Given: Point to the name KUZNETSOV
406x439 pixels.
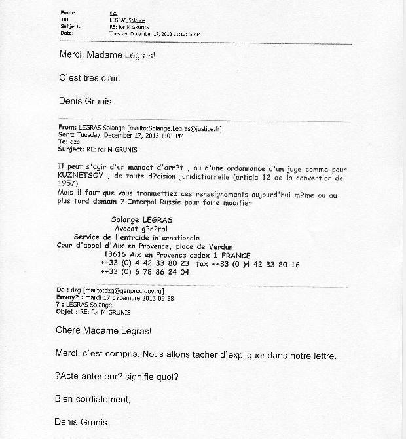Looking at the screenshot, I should click(80, 177).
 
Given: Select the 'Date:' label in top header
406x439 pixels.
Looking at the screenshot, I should click(66, 33).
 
